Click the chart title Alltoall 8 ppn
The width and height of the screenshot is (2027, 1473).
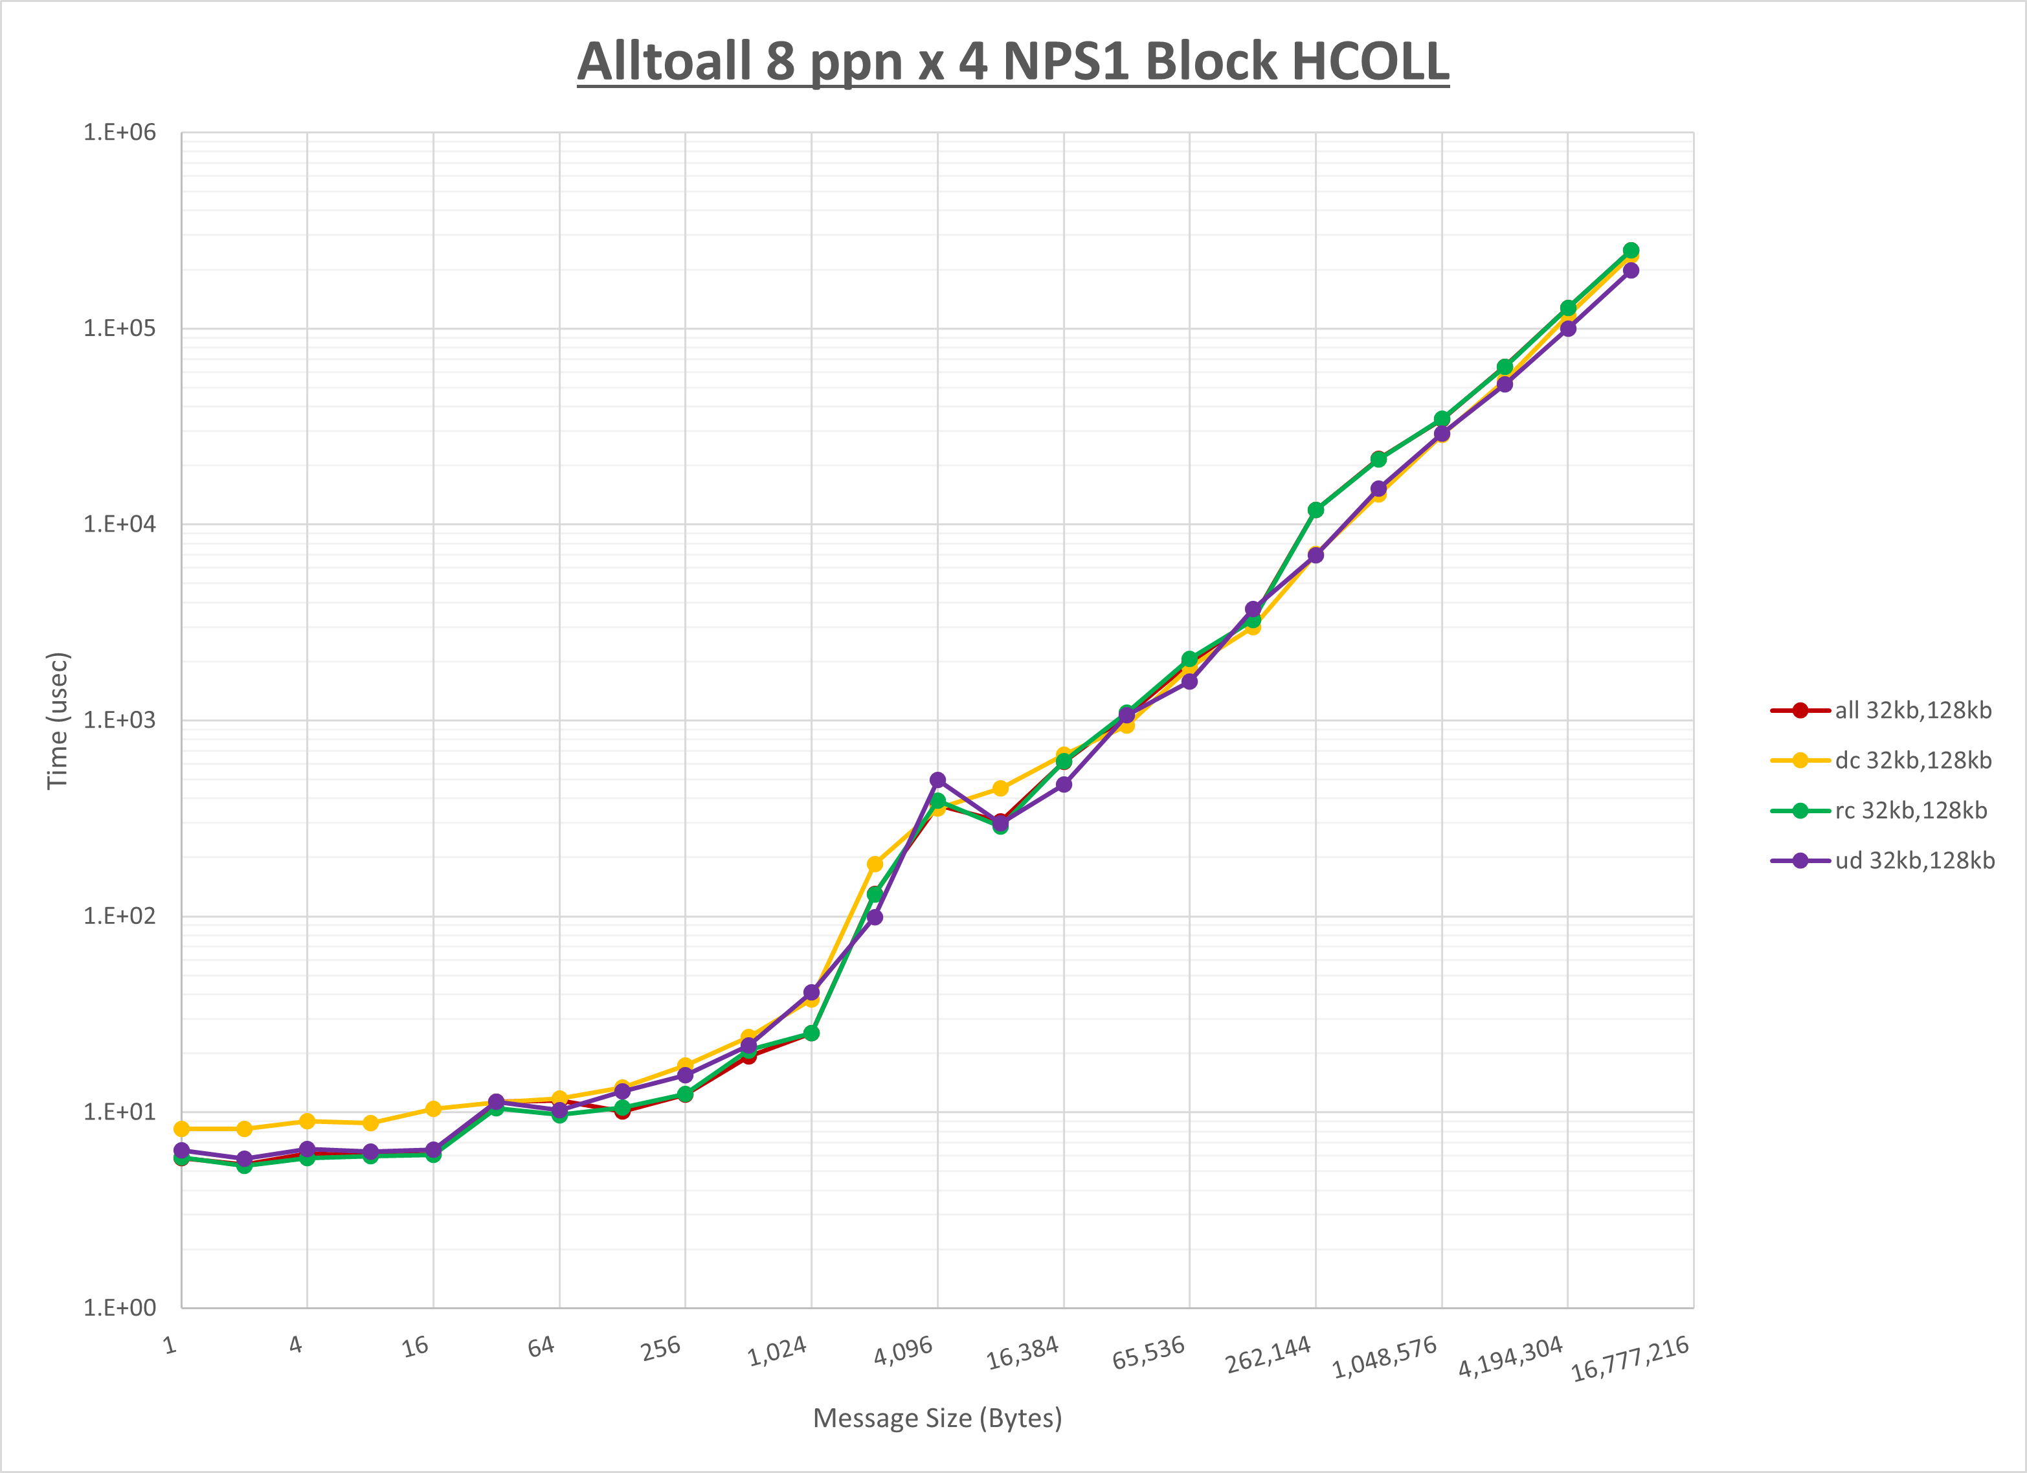tap(1013, 61)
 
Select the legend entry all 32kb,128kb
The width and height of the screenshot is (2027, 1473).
tap(1912, 710)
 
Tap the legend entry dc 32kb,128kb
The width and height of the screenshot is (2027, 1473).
tap(1912, 761)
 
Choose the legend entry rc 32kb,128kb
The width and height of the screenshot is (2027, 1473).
tap(1911, 811)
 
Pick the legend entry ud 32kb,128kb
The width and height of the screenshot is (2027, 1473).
tap(1914, 860)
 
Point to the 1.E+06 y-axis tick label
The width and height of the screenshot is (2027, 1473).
tap(120, 132)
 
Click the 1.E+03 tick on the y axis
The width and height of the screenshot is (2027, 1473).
tap(120, 719)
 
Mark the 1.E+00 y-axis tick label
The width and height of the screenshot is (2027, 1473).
tap(120, 1308)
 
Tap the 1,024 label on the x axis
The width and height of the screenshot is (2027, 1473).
tap(778, 1351)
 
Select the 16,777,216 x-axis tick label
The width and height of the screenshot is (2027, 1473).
tap(1629, 1358)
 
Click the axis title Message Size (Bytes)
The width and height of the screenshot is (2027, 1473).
tap(937, 1419)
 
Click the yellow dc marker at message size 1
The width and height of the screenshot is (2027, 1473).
tap(181, 1129)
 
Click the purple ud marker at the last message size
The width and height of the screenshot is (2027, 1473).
tap(1630, 270)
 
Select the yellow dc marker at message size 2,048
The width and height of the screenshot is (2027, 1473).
tap(875, 864)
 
